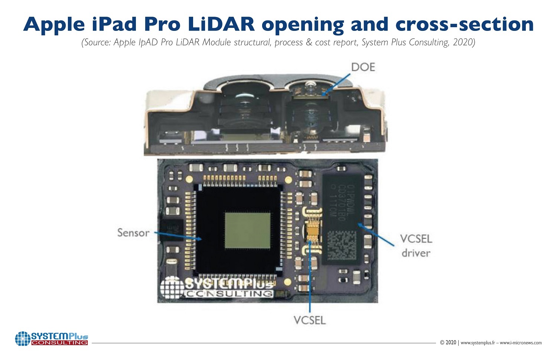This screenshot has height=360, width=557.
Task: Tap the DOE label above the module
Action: pos(363,67)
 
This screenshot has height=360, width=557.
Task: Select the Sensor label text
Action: pos(133,233)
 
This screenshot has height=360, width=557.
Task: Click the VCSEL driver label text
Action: pos(416,246)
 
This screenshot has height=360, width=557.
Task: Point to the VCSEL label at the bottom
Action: pos(309,320)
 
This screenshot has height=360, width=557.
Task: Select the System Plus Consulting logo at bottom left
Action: pos(52,338)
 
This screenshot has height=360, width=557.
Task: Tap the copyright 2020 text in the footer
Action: pos(448,343)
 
